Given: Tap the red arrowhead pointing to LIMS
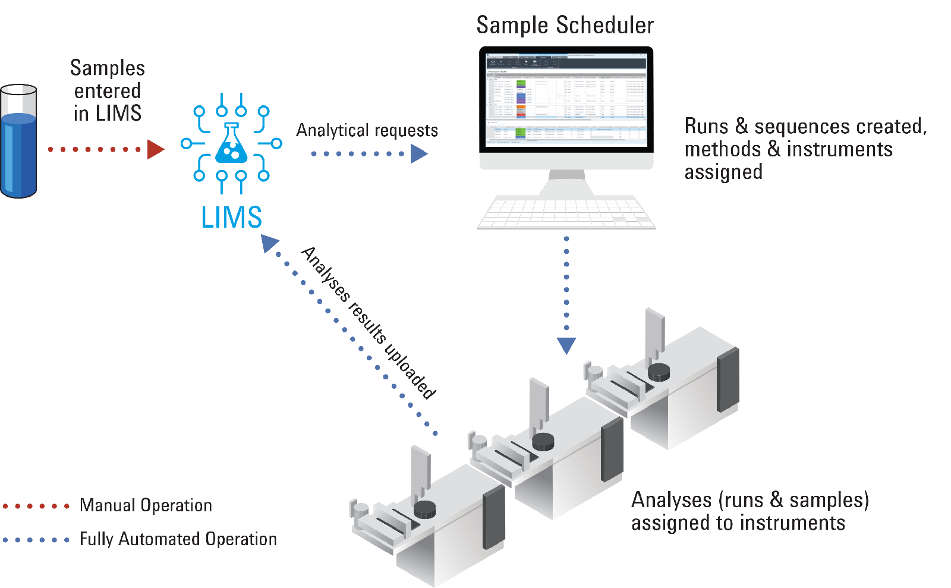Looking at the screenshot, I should coord(155,149).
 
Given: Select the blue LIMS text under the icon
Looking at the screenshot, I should coord(231,218).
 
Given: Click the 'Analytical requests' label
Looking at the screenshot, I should coord(367,130).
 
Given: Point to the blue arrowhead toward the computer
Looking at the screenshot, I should coord(419,154).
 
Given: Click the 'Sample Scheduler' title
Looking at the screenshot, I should coord(565,25).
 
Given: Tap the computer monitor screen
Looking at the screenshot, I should coord(566,101).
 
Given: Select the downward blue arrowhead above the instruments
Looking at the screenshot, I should coord(566,345).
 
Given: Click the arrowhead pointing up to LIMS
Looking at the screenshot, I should coord(269,243).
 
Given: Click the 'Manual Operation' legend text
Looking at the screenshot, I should coord(146,506).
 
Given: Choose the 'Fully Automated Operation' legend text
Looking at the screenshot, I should coord(178,539).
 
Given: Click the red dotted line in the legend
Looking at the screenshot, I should coord(36,507).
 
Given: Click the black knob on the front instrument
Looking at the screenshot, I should coord(424,509).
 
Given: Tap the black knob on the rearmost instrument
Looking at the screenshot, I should coord(659,373).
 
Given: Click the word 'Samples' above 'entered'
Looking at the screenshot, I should coord(108,68).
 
